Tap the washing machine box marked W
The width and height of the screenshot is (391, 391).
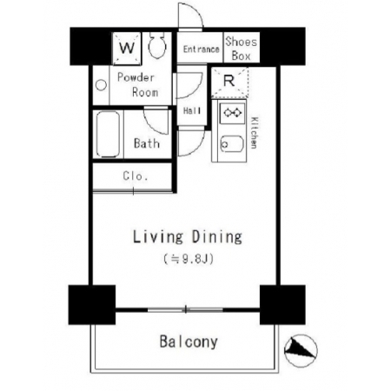tap(127, 49)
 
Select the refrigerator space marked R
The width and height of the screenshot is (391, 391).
tap(229, 82)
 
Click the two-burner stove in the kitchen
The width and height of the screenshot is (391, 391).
tap(232, 113)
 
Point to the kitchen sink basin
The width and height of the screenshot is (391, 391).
tap(232, 143)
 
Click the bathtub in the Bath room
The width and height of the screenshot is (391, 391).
tap(108, 134)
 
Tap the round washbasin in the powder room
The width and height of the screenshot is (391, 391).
tap(101, 85)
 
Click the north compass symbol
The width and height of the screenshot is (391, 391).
tap(301, 350)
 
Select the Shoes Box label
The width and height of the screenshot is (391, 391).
tap(242, 49)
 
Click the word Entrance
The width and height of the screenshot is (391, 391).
tap(201, 50)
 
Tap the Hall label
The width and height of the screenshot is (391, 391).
tap(192, 110)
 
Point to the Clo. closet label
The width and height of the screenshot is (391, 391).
tap(136, 176)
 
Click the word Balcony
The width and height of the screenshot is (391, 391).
tap(189, 341)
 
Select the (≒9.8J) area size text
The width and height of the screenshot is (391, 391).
tap(189, 258)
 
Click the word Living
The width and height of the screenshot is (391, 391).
tap(158, 237)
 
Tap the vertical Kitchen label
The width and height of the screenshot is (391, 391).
tap(254, 133)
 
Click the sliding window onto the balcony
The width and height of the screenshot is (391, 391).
tap(185, 309)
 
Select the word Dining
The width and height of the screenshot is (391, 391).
tap(217, 237)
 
